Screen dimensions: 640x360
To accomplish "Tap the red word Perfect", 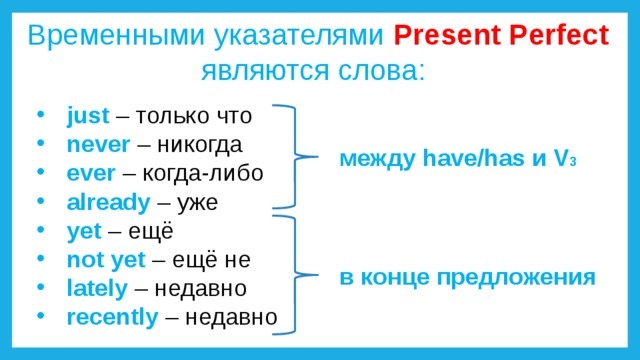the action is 559,35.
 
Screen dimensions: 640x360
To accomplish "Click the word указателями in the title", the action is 299,36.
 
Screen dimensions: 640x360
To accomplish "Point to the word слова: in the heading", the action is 381,70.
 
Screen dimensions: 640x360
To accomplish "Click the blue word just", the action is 88,116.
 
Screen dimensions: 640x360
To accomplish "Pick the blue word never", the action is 98,145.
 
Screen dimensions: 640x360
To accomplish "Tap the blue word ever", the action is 91,173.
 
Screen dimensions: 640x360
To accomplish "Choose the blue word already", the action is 109,203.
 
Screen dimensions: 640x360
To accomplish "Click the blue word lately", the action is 97,288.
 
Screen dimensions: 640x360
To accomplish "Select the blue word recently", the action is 112,317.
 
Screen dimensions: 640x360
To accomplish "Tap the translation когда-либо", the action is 203,173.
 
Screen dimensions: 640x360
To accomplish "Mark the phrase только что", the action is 193,116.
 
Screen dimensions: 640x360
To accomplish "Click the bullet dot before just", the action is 40,114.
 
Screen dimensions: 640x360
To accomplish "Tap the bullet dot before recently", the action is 40,316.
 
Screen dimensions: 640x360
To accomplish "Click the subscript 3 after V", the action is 573,162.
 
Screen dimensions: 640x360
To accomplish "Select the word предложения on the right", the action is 516,278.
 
